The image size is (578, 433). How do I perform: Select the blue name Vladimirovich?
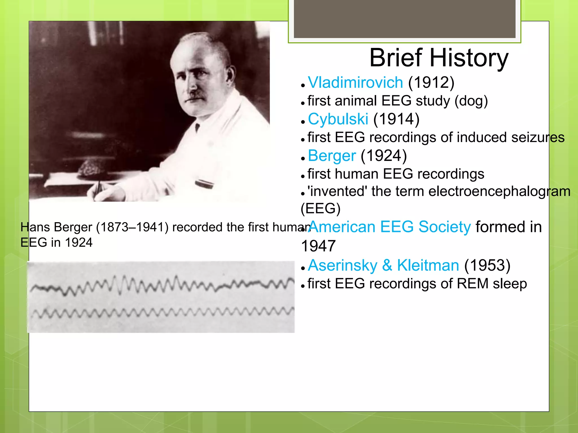pos(355,83)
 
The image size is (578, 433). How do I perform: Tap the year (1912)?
pos(431,83)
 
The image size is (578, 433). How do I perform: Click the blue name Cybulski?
pos(338,119)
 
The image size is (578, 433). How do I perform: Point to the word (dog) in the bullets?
pos(471,101)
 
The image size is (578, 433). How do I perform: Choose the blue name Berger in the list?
pos(332,156)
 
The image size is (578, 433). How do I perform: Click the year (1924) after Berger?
pos(384,156)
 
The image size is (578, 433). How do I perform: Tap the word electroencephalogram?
pos(499,191)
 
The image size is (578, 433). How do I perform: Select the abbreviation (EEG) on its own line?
pos(321,209)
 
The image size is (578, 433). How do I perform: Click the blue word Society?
pos(445,227)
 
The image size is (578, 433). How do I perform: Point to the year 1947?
pos(318,246)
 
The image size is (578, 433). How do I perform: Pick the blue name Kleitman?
pos(428,266)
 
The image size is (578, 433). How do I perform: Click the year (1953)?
pos(487,266)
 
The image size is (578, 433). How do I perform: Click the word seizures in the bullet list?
pos(538,138)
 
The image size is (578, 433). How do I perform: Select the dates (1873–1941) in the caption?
pos(132,227)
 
